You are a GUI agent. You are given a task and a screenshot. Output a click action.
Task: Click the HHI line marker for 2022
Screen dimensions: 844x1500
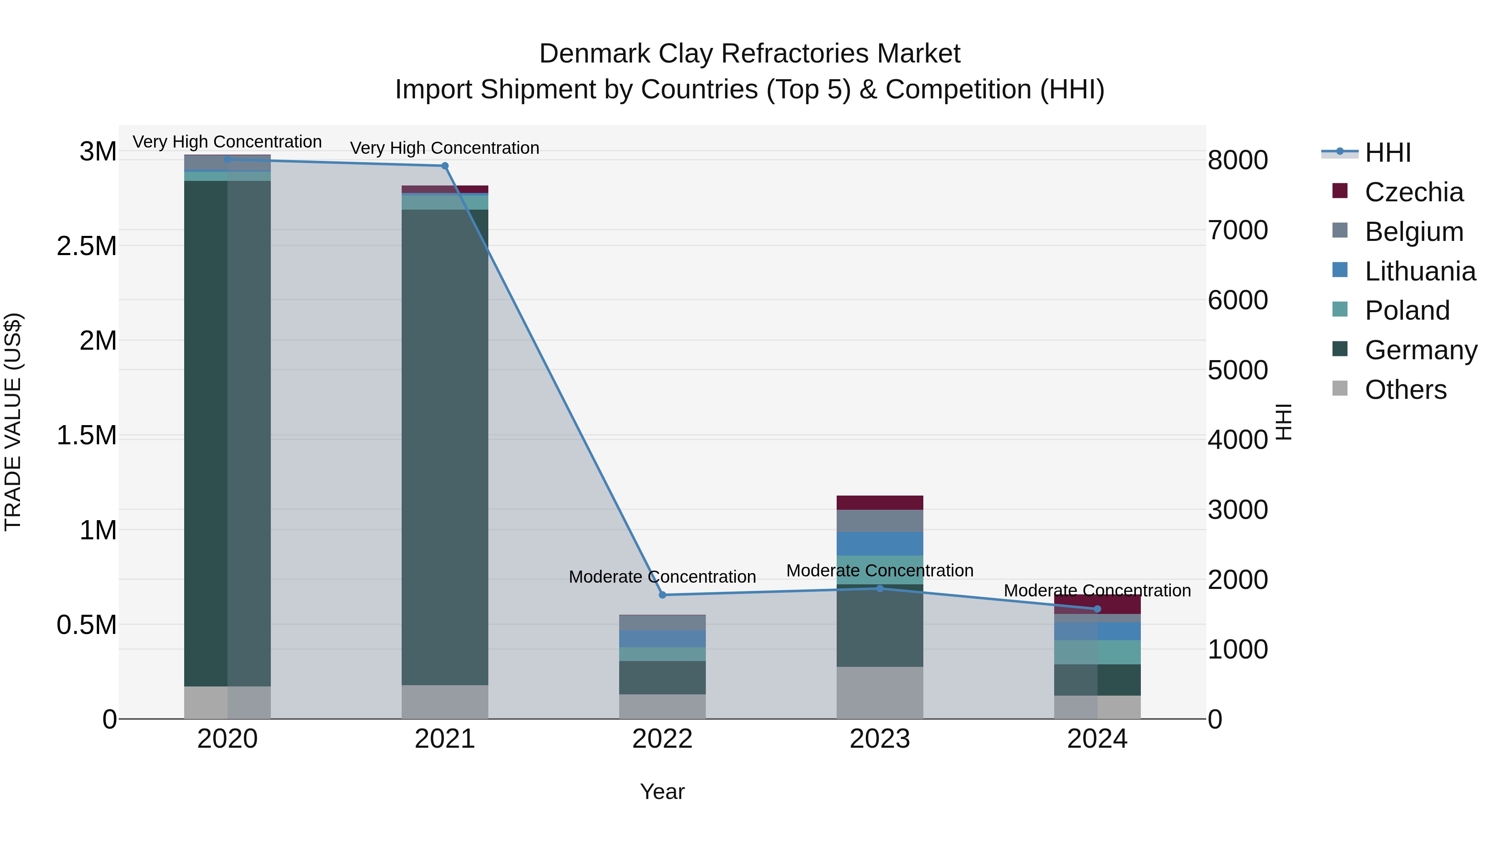coord(662,595)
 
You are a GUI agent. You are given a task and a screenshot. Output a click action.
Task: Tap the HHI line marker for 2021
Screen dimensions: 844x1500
coord(445,166)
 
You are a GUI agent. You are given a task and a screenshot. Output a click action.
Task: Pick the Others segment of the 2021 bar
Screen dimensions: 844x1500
coord(445,701)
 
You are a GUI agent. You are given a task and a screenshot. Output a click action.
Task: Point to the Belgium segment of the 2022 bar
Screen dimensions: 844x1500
coord(662,623)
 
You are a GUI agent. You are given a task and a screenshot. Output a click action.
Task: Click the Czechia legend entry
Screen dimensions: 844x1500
coord(1413,192)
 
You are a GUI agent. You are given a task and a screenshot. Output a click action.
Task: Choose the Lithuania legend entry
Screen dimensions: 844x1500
coord(1420,271)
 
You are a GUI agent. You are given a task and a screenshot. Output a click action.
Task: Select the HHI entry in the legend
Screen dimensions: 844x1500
coord(1387,153)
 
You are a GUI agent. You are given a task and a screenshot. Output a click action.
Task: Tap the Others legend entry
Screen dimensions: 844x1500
coord(1405,390)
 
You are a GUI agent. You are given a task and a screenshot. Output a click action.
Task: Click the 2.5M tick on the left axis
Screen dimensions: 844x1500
coord(87,246)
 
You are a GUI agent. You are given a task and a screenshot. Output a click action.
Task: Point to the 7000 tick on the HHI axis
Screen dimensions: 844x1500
coord(1237,230)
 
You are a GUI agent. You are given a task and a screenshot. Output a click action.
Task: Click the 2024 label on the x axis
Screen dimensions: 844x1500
coord(1097,739)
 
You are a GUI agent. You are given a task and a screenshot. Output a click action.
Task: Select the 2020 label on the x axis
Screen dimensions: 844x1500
coord(227,739)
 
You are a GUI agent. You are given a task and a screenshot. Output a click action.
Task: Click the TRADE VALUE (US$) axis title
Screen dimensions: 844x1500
coord(13,422)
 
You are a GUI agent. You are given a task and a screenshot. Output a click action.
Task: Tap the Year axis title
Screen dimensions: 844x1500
coord(662,791)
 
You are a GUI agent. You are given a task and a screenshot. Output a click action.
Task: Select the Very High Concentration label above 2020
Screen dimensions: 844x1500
coord(227,142)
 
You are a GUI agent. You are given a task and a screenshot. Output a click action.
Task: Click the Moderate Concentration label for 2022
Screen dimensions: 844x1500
coord(662,577)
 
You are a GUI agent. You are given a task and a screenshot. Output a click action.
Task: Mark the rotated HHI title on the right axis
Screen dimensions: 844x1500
coord(1283,422)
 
